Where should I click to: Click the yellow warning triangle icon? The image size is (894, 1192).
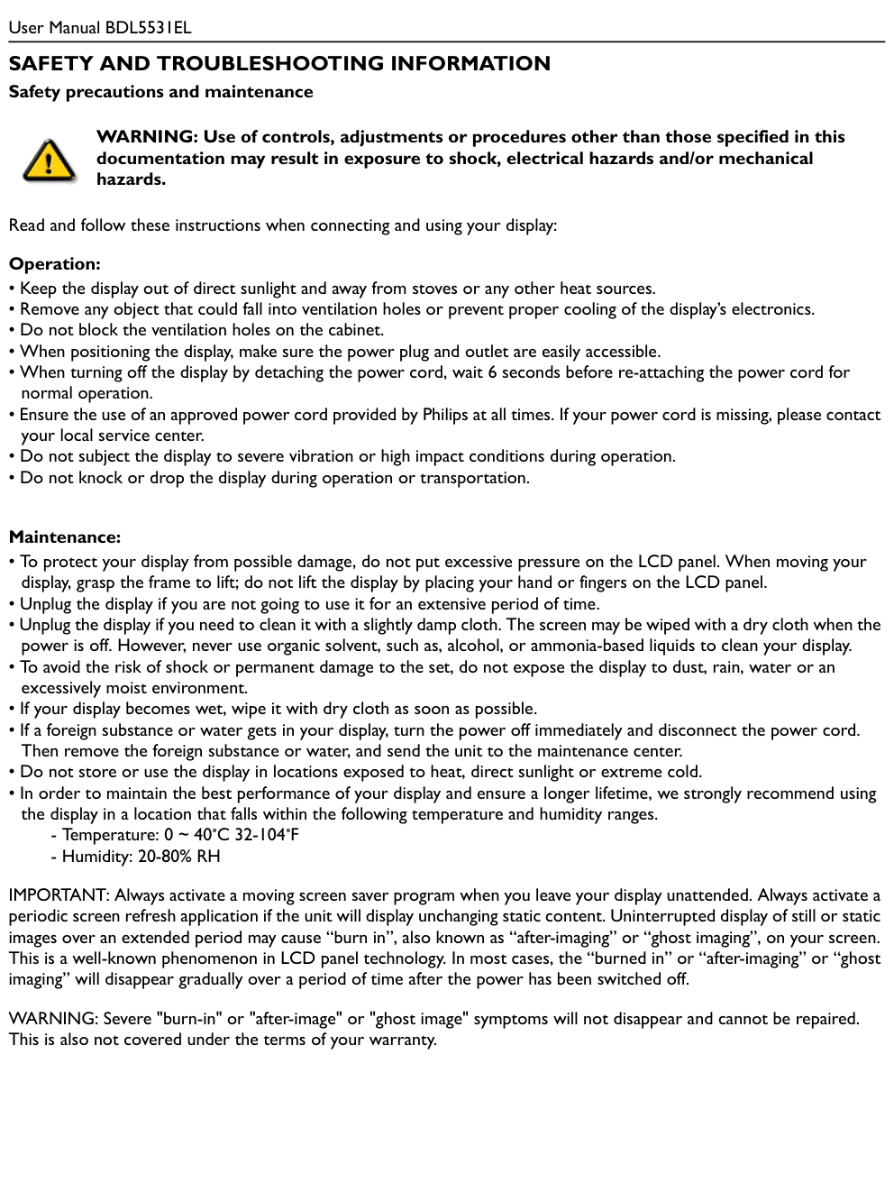pyautogui.click(x=49, y=161)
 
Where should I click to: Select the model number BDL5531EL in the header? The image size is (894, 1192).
pyautogui.click(x=148, y=27)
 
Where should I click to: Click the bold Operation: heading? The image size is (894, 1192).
pyautogui.click(x=55, y=264)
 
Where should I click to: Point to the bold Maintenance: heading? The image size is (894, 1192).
pyautogui.click(x=65, y=537)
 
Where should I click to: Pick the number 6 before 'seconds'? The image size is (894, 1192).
pyautogui.click(x=492, y=372)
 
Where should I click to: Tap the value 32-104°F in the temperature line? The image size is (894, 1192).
pyautogui.click(x=267, y=835)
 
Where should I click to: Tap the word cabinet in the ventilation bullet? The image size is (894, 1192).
pyautogui.click(x=354, y=330)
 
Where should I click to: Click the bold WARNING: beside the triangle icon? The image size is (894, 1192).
pyautogui.click(x=147, y=137)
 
